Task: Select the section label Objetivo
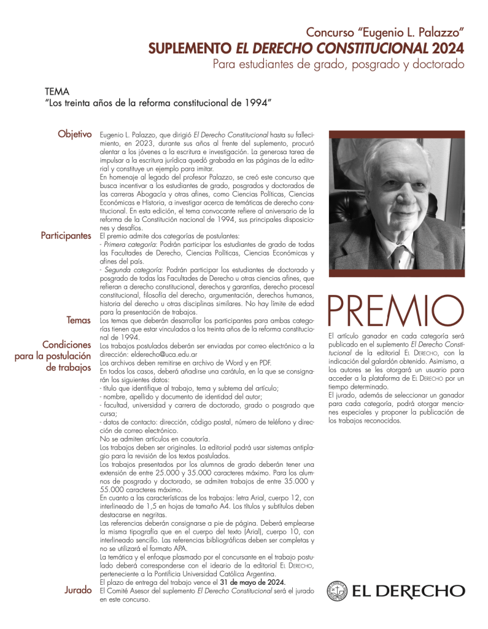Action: tap(74, 134)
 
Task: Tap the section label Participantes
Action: tap(66, 236)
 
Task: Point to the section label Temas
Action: tap(79, 320)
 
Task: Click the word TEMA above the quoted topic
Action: tap(57, 92)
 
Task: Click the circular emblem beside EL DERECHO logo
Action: tap(336, 591)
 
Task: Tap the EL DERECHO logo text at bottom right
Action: tap(408, 591)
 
